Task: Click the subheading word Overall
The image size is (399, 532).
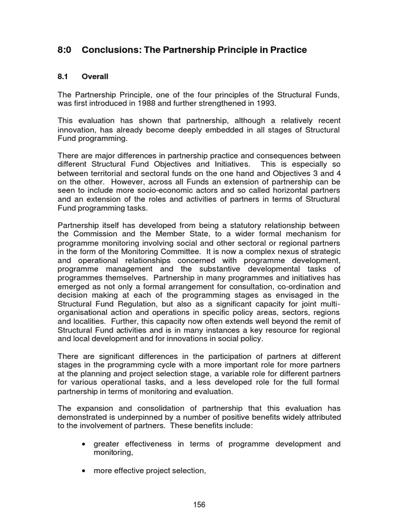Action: click(x=95, y=76)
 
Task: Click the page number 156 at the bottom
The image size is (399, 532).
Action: click(x=199, y=504)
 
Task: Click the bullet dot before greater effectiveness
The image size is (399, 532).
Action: click(x=84, y=444)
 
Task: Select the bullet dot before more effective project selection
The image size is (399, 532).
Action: click(x=84, y=471)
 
